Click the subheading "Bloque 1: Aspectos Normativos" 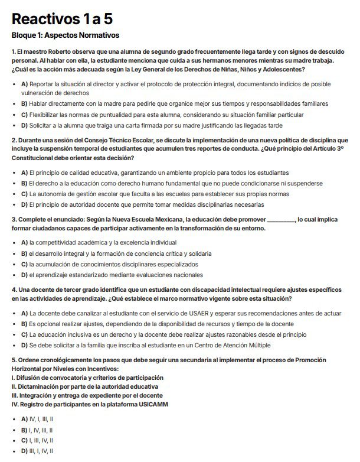click(x=66, y=35)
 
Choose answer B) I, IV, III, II click(x=37, y=430)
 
